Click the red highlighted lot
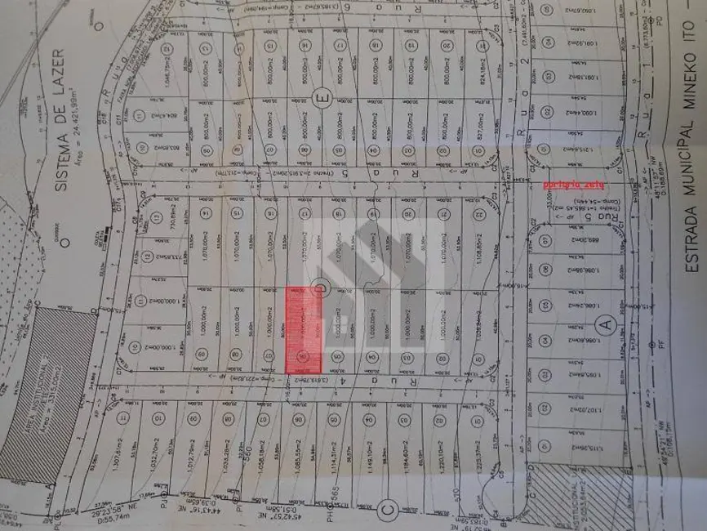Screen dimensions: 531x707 point(303,331)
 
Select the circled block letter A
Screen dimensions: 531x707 point(605,324)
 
